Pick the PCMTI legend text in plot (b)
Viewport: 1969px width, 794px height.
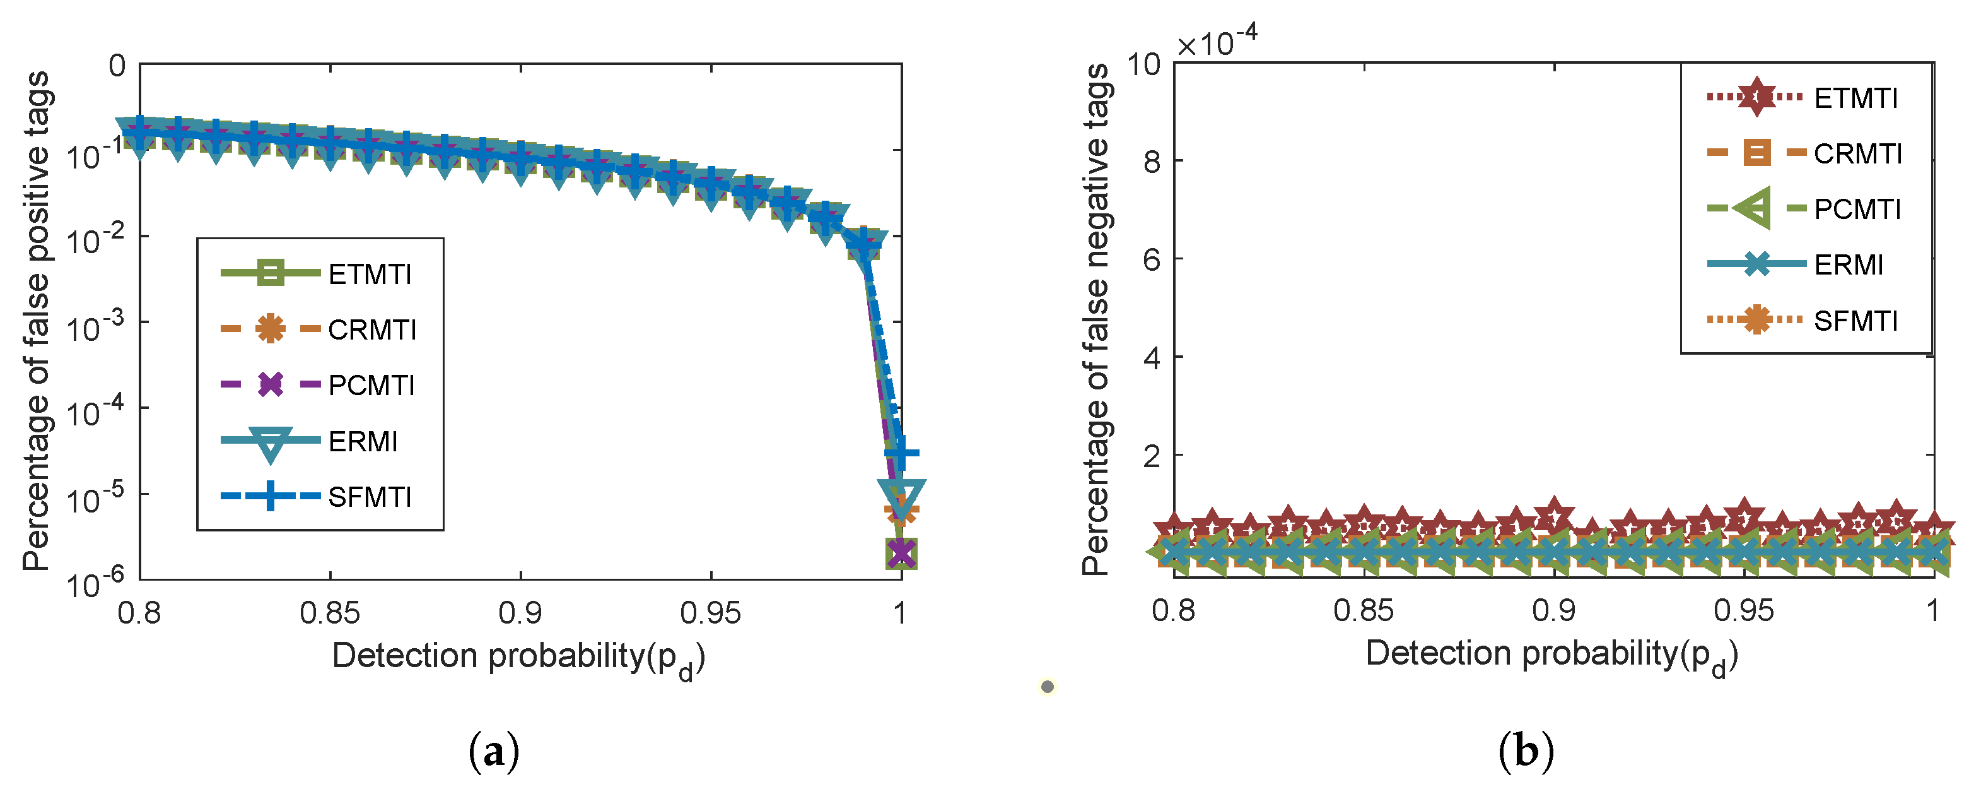pyautogui.click(x=1857, y=209)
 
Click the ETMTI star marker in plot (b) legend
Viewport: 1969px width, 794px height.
pyautogui.click(x=1756, y=97)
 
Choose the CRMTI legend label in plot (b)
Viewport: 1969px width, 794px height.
pyautogui.click(x=1857, y=154)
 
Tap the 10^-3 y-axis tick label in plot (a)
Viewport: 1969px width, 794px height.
pyautogui.click(x=94, y=328)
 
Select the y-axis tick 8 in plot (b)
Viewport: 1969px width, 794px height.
pyautogui.click(x=1152, y=162)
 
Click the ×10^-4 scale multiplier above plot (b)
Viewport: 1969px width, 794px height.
pyautogui.click(x=1216, y=42)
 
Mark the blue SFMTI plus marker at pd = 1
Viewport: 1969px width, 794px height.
pyautogui.click(x=902, y=453)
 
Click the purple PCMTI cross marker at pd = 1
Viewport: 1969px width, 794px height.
pyautogui.click(x=901, y=552)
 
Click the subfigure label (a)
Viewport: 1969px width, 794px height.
pyautogui.click(x=493, y=751)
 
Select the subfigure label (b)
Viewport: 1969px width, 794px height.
pyautogui.click(x=1526, y=751)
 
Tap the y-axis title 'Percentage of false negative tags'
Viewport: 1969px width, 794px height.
pyautogui.click(x=1096, y=320)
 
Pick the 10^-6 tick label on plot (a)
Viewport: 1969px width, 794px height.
pyautogui.click(x=94, y=584)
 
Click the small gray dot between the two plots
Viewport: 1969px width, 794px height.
pyautogui.click(x=1047, y=687)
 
